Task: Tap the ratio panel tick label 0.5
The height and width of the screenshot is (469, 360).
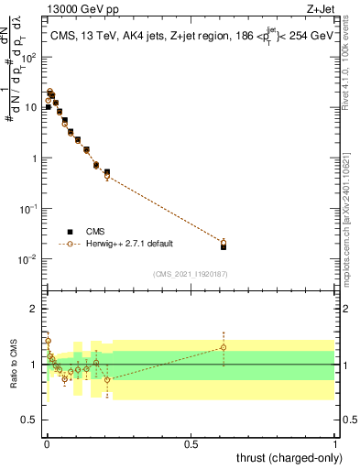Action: tap(30, 421)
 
